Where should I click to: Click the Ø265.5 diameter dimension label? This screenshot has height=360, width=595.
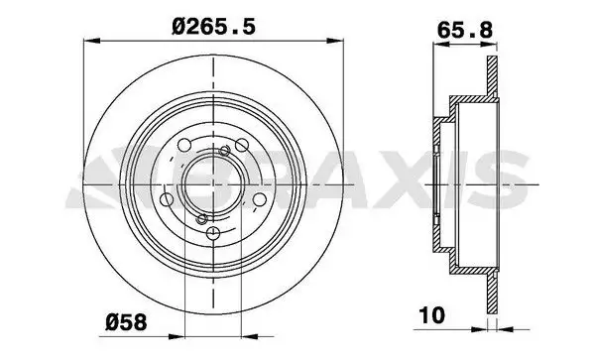[x=213, y=27]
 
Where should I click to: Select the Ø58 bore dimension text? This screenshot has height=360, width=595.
[x=126, y=322]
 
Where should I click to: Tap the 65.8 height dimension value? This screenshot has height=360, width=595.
[x=465, y=30]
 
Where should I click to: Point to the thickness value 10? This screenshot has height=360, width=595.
[x=431, y=315]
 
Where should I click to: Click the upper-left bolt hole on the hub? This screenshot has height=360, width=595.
[x=184, y=145]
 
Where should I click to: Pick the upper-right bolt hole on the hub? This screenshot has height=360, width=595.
[x=242, y=145]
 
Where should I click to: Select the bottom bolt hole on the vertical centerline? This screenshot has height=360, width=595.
[x=213, y=232]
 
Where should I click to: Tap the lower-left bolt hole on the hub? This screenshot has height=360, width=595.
[x=167, y=199]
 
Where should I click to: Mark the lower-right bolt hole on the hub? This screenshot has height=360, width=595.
[x=260, y=199]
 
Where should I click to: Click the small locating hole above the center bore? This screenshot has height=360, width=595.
[x=225, y=151]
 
